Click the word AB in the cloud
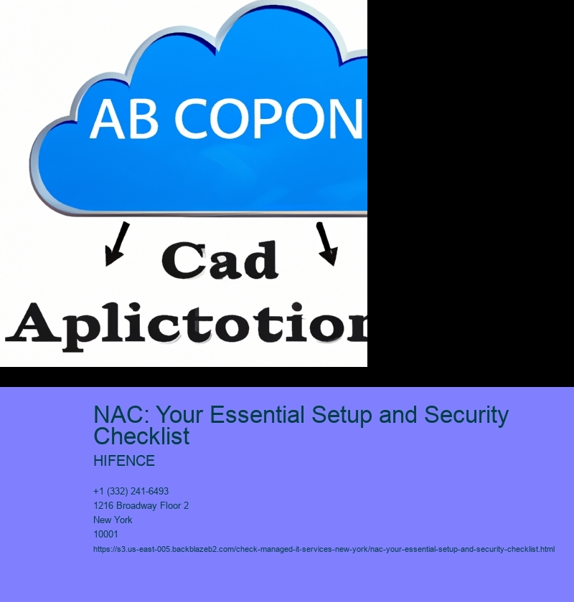[124, 118]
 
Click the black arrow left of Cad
[117, 244]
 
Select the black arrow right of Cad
[326, 244]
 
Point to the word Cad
[220, 260]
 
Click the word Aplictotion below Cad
[186, 326]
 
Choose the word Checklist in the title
[141, 436]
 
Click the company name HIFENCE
[124, 461]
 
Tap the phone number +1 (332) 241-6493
[131, 491]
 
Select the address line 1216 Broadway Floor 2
[141, 506]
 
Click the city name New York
[113, 520]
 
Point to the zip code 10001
[105, 534]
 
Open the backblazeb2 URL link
[324, 550]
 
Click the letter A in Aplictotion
[33, 322]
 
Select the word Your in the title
[179, 415]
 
